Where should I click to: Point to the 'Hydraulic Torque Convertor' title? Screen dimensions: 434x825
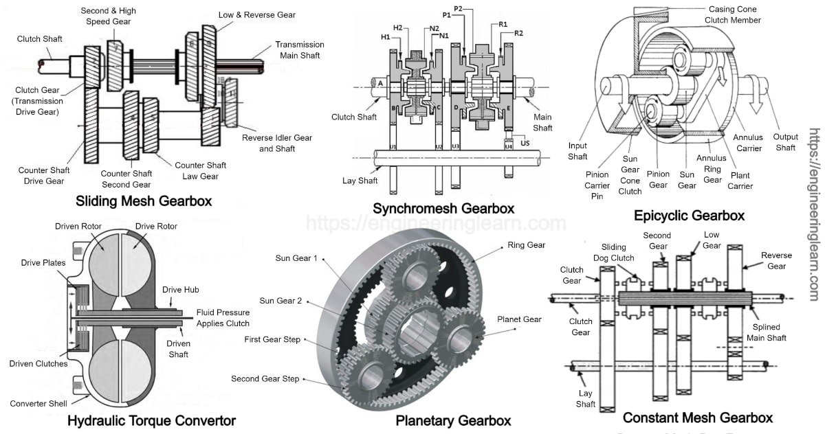151,420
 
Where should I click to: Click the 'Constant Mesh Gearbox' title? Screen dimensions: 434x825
697,418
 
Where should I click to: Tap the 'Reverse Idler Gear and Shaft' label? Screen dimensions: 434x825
276,143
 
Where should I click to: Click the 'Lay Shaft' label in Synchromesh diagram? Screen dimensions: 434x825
360,181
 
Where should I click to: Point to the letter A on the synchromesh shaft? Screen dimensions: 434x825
379,83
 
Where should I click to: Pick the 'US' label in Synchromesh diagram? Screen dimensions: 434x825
525,143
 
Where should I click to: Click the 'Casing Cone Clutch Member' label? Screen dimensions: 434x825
734,15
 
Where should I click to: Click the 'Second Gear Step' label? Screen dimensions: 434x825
265,379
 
